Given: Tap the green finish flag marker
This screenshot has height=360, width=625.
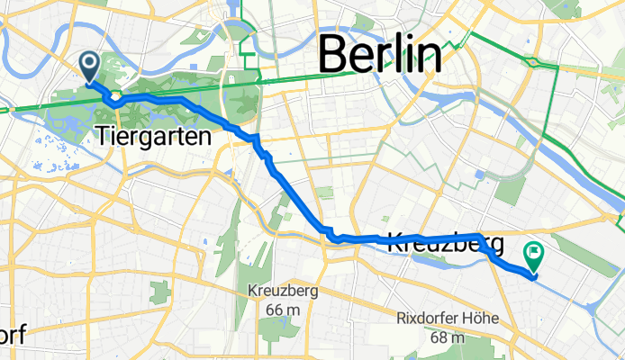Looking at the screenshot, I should (x=533, y=256).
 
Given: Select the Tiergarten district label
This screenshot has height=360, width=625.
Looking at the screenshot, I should (x=152, y=137).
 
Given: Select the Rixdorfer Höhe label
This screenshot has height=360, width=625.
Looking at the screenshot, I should (x=442, y=319).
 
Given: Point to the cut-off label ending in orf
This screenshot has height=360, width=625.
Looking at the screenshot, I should (x=12, y=335).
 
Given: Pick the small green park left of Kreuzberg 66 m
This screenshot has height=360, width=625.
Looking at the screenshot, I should (x=161, y=292).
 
